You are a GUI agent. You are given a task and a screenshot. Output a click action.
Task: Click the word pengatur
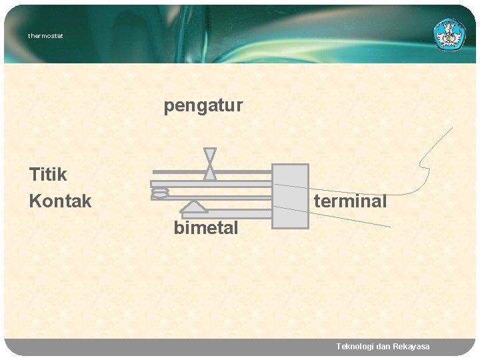203,106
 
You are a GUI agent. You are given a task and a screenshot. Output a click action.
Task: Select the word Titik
48,175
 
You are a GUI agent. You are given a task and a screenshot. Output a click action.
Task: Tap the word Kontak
60,201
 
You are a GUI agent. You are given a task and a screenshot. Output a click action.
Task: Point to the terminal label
350,201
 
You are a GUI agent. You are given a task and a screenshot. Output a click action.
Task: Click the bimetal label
205,228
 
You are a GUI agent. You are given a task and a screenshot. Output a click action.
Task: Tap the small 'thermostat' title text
45,36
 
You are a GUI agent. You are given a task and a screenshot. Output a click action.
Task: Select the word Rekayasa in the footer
412,347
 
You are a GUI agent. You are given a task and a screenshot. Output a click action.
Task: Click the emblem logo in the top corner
451,34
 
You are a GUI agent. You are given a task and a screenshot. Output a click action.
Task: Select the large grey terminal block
291,196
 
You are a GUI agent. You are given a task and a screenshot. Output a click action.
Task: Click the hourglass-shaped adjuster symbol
209,164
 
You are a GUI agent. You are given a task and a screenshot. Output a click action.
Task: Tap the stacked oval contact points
160,193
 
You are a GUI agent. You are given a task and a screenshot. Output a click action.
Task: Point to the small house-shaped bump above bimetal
193,205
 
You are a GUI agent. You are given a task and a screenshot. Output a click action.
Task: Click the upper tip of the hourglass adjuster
209,150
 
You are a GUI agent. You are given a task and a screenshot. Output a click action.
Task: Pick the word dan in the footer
383,347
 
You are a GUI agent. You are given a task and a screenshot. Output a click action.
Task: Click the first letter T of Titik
35,175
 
